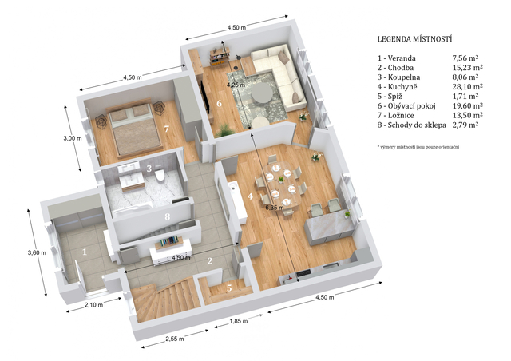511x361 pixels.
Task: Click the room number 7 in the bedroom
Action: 167,129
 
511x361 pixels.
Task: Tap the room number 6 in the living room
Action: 219,103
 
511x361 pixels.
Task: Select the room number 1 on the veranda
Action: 85,252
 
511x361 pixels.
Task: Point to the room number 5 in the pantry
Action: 229,288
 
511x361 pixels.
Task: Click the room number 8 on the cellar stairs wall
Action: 167,216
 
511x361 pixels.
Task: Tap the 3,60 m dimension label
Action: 37,252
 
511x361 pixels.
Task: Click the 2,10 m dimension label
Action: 94,305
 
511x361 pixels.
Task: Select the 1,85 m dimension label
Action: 239,321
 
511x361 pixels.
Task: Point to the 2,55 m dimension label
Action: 175,339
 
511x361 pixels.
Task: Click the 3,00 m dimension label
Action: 73,138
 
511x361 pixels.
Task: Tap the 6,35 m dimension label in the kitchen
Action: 275,207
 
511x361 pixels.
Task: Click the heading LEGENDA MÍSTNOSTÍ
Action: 415,39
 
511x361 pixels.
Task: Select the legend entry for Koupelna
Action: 399,77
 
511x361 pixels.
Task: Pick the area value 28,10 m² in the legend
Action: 468,87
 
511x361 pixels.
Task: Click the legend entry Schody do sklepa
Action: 412,125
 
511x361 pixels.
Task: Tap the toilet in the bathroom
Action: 160,175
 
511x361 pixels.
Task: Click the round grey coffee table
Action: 262,93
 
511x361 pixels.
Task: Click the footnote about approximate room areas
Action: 418,147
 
